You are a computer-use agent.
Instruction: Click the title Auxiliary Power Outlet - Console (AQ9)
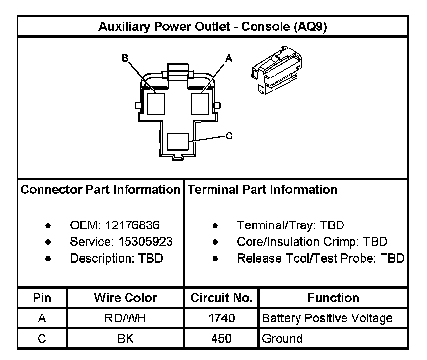213,26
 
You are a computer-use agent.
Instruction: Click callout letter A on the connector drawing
228,58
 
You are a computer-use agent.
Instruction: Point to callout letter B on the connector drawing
125,58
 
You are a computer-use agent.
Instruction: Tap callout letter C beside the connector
229,136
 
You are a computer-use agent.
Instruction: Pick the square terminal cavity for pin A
200,104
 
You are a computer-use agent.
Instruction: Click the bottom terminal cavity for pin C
178,141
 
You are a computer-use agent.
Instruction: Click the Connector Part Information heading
101,190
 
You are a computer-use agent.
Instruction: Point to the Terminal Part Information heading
262,190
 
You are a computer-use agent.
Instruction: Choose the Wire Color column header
126,298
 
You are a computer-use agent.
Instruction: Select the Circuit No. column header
221,298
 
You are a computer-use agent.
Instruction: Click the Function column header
333,298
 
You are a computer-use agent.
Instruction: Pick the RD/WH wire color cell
126,318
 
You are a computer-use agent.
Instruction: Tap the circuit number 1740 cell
221,318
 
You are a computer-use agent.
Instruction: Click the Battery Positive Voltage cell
327,318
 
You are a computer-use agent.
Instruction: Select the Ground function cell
282,339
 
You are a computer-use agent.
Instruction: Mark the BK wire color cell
126,339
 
